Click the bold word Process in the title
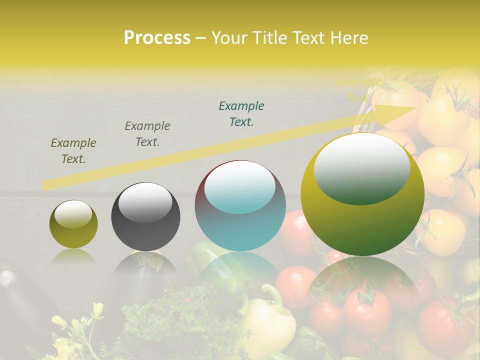pos(157,37)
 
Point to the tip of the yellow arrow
pos(415,107)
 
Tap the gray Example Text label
pos(147,133)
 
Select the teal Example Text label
pos(241,113)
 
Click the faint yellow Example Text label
pos(359,89)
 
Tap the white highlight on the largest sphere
pos(361,167)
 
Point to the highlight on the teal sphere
pos(239,186)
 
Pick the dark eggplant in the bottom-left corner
pos(20,300)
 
